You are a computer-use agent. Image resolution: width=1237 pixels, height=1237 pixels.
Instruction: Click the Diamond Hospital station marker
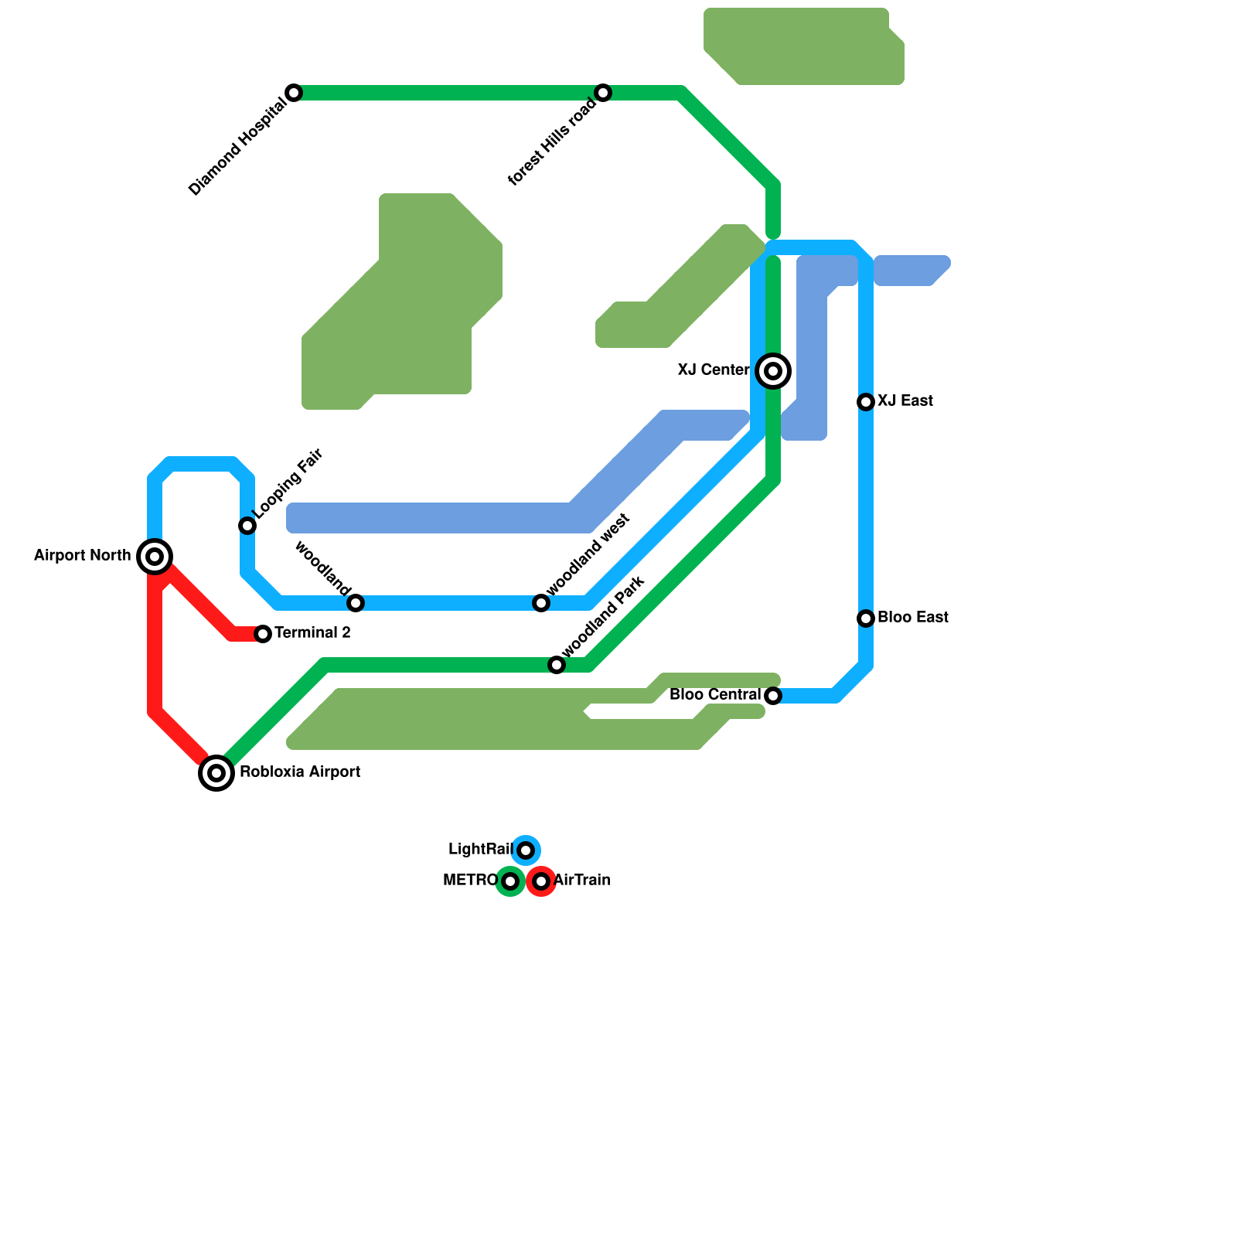coord(294,93)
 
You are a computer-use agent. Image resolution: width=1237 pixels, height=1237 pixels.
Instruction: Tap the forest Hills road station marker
coord(603,93)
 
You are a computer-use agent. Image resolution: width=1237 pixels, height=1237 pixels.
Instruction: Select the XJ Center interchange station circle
coord(773,371)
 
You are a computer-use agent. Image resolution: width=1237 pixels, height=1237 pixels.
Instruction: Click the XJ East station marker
coord(866,402)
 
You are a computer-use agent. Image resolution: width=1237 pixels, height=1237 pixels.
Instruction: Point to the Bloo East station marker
coord(866,618)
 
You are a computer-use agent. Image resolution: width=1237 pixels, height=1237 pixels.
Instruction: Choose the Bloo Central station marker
coord(773,696)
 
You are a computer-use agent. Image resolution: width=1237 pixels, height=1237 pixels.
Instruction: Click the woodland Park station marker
coord(557,665)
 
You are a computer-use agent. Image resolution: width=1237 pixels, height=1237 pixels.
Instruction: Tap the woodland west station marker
coord(541,603)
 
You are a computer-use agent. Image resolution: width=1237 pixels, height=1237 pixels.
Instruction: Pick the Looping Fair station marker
coord(247,526)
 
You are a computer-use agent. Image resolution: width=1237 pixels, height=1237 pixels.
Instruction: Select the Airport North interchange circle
coord(155,557)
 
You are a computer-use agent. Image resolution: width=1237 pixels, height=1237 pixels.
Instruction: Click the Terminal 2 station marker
coord(263,634)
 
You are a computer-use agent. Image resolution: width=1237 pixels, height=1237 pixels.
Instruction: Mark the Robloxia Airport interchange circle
coord(216,773)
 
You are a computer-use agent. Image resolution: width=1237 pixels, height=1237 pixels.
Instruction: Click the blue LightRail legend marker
coord(526,850)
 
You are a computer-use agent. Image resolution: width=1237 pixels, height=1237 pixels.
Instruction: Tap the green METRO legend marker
coord(510,881)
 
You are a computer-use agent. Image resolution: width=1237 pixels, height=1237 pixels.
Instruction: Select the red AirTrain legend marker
coord(541,881)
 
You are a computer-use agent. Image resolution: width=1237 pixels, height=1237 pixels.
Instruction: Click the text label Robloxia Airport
coord(300,772)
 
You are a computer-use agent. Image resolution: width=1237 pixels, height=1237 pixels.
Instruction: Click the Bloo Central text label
coord(715,695)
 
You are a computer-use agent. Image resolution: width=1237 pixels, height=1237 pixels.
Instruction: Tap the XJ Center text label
coord(714,370)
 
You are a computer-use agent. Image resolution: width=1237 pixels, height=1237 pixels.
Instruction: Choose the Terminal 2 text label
coord(312,633)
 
